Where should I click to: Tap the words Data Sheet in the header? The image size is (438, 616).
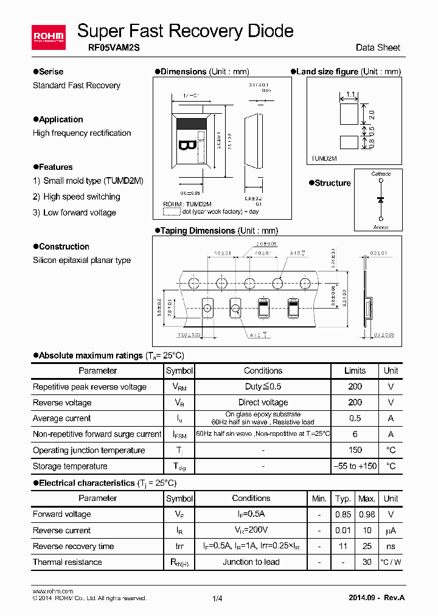pos(378,47)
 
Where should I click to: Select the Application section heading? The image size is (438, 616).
pos(61,119)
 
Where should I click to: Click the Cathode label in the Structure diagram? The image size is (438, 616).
pos(381,174)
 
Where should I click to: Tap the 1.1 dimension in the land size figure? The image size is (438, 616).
pos(350,94)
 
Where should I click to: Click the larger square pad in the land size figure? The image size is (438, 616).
pos(350,113)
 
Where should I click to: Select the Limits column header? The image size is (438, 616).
pos(355,371)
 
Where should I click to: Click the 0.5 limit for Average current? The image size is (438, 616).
pos(355,418)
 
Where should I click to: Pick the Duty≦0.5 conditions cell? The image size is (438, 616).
pos(263,387)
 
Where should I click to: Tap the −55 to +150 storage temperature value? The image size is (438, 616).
pos(355,466)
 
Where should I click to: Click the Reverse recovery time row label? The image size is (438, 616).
pos(73,546)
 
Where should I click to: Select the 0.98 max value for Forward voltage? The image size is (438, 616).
pos(367,514)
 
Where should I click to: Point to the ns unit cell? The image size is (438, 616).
pos(391,546)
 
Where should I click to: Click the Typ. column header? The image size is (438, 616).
pos(343,499)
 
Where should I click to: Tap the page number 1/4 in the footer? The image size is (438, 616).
pos(218,599)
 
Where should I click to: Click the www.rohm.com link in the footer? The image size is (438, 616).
pos(52,591)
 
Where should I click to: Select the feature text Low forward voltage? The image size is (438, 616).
pos(80,212)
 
